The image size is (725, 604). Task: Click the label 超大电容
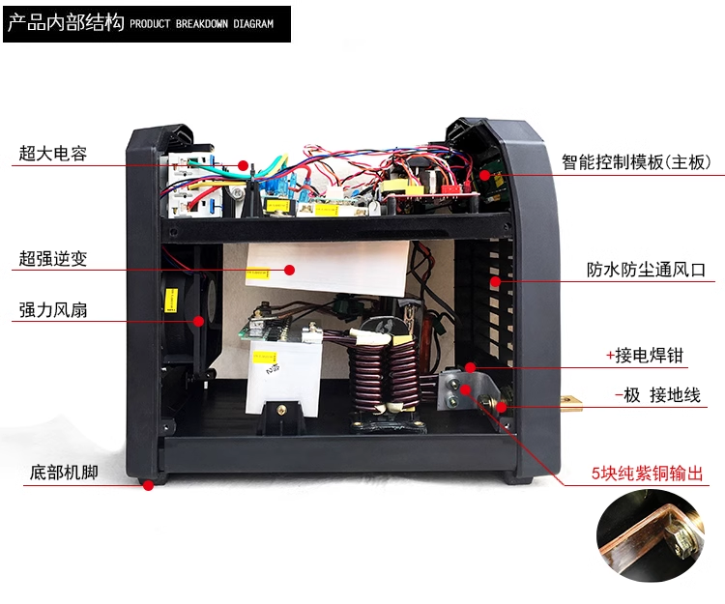[x=53, y=154]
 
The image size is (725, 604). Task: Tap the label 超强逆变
[x=53, y=258]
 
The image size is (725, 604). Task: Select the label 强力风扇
[x=53, y=309]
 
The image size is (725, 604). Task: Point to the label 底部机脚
[x=64, y=473]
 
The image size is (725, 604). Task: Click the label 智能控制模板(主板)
[x=636, y=162]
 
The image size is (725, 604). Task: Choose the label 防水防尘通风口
[x=646, y=270]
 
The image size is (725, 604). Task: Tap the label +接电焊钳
[x=645, y=356]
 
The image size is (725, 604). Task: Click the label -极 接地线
[x=657, y=395]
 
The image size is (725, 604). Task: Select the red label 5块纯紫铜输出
[x=647, y=474]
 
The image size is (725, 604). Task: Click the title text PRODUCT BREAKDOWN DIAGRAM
[x=202, y=23]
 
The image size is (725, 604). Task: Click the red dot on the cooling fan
[x=198, y=321]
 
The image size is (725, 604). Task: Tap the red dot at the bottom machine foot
[x=148, y=486]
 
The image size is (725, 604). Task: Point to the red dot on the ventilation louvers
[x=495, y=281]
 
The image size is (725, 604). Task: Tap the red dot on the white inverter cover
[x=289, y=270]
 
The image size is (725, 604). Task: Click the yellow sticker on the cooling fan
[x=171, y=300]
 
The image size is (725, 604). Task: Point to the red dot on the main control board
[x=484, y=175]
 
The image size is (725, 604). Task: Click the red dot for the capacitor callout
[x=244, y=165]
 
